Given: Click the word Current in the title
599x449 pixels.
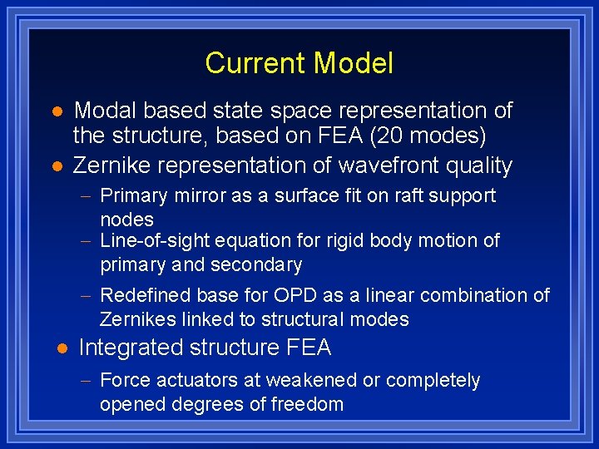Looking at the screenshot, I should (256, 63).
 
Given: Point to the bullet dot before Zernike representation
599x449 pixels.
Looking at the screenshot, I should (57, 166).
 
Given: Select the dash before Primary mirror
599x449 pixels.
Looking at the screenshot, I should (88, 197).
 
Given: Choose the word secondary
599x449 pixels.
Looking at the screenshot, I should (257, 265).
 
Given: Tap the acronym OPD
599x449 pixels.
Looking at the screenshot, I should (297, 295).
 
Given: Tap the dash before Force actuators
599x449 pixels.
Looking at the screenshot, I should (88, 382).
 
